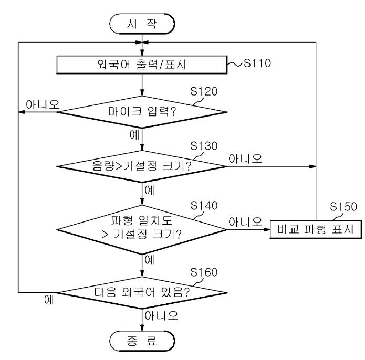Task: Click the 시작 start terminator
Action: click(142, 24)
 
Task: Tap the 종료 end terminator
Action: click(142, 341)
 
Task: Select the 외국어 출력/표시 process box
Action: click(142, 65)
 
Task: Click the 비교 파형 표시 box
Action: click(316, 229)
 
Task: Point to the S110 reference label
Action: click(257, 63)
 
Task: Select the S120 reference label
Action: click(204, 91)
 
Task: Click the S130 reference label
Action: click(204, 146)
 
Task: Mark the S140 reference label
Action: click(204, 206)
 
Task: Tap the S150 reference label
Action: click(343, 207)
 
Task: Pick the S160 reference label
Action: click(204, 272)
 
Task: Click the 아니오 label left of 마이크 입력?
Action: click(43, 104)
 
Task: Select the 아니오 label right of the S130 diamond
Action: click(245, 158)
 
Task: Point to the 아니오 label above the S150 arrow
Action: click(245, 222)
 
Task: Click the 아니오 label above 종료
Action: click(161, 315)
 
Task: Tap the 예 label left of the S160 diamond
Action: click(49, 300)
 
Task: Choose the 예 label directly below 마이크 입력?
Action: click(134, 135)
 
